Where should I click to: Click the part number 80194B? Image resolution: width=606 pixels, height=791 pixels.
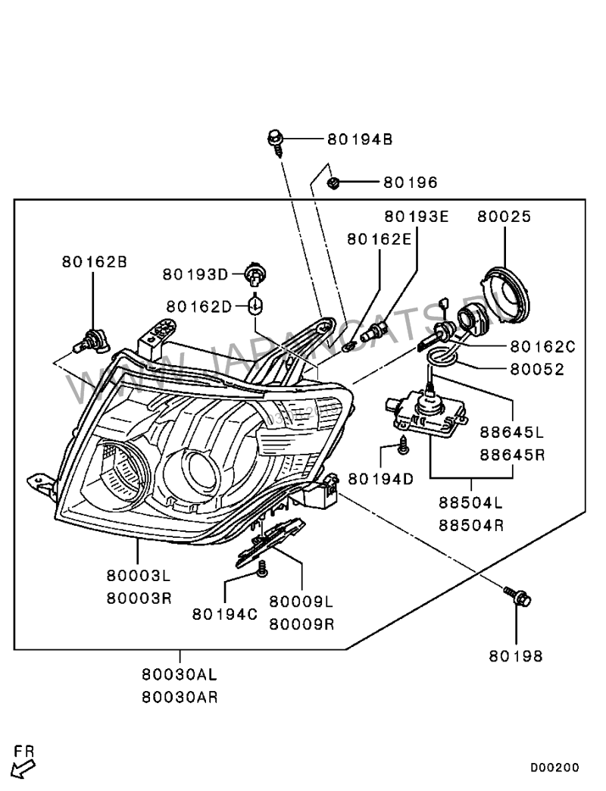[x=360, y=139]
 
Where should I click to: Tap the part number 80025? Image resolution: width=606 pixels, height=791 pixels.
[x=504, y=217]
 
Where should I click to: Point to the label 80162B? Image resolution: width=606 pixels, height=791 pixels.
[x=94, y=262]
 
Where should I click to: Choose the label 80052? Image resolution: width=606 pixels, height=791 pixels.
[x=537, y=370]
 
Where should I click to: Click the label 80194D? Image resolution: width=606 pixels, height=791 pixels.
[x=381, y=479]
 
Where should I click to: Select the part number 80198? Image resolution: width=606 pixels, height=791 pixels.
[x=515, y=657]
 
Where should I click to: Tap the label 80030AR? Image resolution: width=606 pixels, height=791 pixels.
[x=180, y=697]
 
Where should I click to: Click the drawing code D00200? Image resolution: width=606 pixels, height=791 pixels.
[x=554, y=768]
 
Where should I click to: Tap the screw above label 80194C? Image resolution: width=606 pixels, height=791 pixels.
[x=262, y=567]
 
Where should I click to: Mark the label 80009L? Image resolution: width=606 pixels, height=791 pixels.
[x=301, y=602]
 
